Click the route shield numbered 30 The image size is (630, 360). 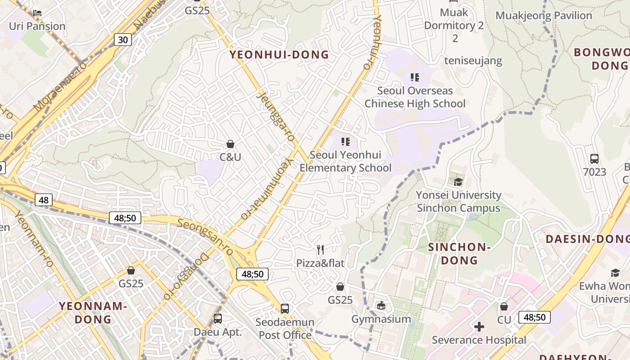tap(123, 40)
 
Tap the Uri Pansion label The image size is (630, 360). tap(37, 26)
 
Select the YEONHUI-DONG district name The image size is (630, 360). tap(279, 55)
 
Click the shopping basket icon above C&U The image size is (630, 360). tap(230, 144)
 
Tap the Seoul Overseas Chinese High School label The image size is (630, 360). tap(415, 97)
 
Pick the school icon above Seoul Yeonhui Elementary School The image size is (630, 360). tap(346, 142)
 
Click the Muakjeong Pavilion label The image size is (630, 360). tap(544, 15)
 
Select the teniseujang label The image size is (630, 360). tap(473, 60)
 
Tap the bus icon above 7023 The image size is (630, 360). tap(594, 158)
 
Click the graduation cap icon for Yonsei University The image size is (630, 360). tap(458, 182)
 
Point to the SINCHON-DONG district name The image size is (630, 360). tap(459, 253)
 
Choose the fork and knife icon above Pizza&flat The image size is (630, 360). tap(320, 249)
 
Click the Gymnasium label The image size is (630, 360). tap(381, 319)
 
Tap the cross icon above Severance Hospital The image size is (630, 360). tap(479, 326)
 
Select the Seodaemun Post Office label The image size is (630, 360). tap(285, 328)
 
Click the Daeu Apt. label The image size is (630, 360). tap(218, 332)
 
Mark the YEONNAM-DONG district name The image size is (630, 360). tap(93, 313)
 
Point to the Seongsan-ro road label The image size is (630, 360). tap(204, 236)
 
